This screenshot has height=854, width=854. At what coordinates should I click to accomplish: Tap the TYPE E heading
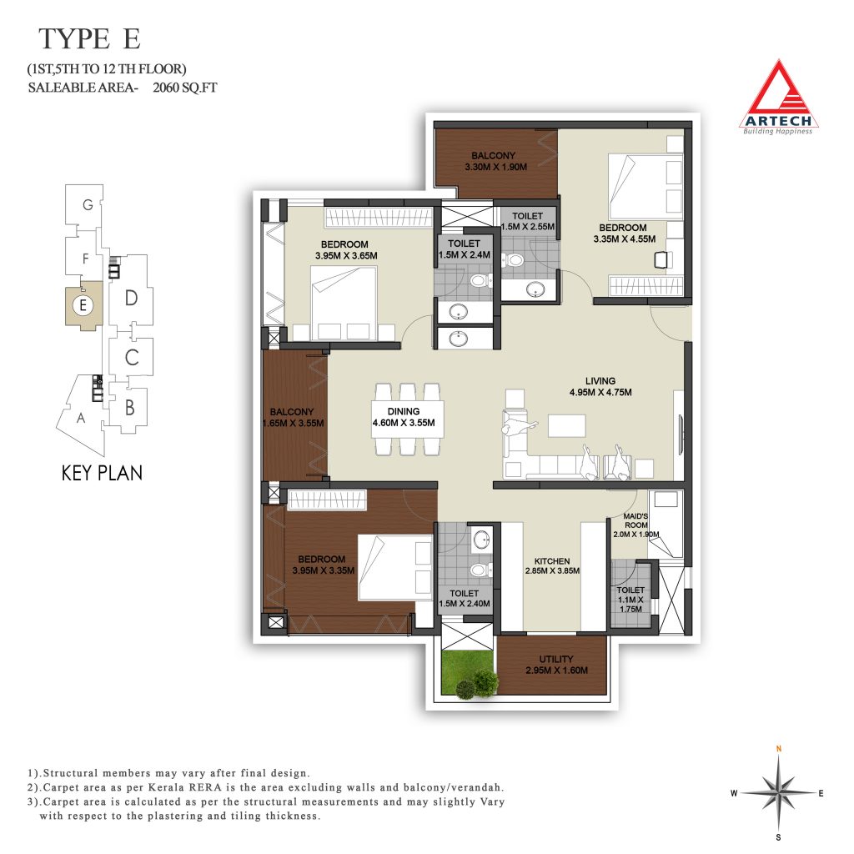pos(90,39)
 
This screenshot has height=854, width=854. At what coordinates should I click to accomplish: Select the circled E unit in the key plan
pos(83,305)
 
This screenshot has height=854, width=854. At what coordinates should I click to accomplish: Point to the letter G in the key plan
pos(88,205)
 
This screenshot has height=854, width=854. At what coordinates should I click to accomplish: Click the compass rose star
pos(779,793)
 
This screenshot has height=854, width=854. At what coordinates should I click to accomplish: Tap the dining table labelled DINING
pos(407,419)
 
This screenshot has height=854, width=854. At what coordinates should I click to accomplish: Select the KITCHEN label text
pos(552,561)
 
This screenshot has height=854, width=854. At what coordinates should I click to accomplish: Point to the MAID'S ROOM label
pos(636,520)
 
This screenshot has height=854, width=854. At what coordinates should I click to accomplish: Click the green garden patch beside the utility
pos(469,674)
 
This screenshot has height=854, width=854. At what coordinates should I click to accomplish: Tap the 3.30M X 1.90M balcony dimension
pos(495,167)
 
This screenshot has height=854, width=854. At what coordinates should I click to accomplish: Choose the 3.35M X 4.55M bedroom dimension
pos(624,239)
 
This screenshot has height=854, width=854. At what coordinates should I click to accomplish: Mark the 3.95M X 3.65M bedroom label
pos(346,250)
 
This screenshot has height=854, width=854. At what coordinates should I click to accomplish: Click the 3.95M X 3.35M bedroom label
pos(323,565)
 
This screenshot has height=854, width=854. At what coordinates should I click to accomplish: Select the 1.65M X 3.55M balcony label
pos(293,418)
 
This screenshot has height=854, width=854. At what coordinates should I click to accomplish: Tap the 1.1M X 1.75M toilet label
pos(630,600)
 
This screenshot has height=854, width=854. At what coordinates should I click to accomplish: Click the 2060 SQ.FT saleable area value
pos(184,87)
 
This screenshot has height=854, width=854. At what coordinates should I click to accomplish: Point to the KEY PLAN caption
pos(102,473)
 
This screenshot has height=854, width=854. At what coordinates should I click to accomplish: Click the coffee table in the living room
pos(567,425)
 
